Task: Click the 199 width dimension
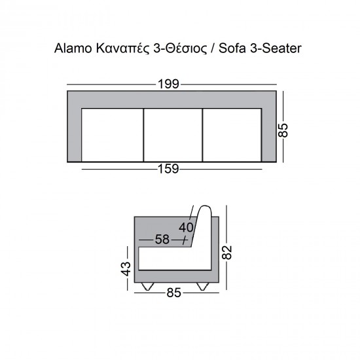click(168, 84)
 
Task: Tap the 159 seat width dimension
click(168, 169)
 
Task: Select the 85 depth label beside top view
click(283, 130)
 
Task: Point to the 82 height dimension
click(227, 253)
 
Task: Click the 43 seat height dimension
click(126, 268)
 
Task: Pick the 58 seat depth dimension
click(162, 239)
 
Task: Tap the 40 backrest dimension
click(186, 228)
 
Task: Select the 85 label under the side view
click(174, 293)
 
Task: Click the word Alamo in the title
click(73, 48)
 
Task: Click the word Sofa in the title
click(232, 48)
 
